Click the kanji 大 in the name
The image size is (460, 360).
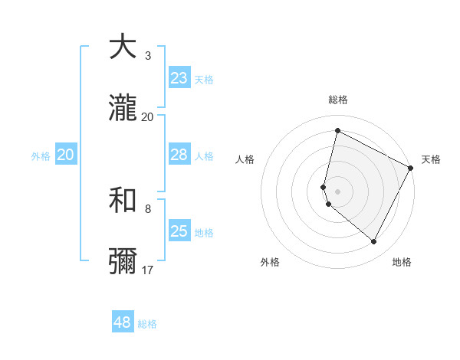[123, 47]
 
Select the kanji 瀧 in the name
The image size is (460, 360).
[123, 109]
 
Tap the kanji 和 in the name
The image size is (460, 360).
[123, 201]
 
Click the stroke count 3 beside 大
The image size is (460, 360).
[148, 56]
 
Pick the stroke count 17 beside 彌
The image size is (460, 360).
[148, 270]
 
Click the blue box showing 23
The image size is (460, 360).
[179, 78]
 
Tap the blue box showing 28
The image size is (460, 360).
[179, 155]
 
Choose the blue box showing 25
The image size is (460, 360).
[179, 231]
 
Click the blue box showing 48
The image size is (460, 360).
[123, 322]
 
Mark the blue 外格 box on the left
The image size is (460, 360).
[66, 155]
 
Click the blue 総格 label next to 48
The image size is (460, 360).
[147, 324]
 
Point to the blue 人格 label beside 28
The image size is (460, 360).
[204, 156]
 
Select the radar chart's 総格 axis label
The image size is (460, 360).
[338, 100]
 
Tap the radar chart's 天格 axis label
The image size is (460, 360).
[432, 159]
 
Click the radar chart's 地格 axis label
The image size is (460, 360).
[402, 262]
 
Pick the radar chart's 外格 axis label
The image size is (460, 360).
[270, 262]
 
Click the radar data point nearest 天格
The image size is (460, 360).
[411, 169]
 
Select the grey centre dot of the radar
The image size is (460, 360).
[337, 191]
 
